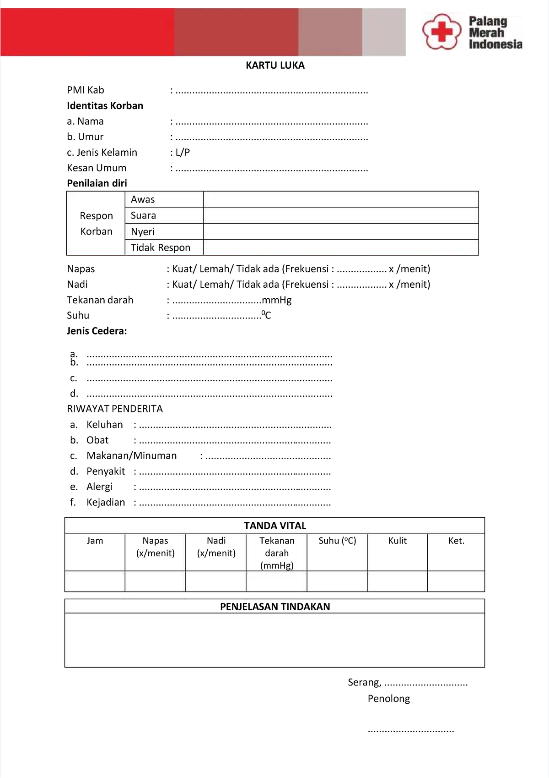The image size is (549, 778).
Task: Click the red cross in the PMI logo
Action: [x=441, y=31]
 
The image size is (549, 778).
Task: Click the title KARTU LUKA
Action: [x=275, y=66]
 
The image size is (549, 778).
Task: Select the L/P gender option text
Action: [x=183, y=152]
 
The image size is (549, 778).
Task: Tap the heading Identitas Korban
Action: [x=105, y=106]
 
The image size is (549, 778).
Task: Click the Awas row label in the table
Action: [x=143, y=199]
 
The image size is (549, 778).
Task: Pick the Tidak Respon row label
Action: [x=160, y=247]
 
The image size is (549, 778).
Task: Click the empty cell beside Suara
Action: [x=341, y=215]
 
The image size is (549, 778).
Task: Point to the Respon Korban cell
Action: [x=96, y=224]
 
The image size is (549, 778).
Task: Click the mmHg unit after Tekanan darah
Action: [x=276, y=300]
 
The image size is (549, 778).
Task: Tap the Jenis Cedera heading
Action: [x=97, y=331]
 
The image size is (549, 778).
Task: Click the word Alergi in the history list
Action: [x=99, y=487]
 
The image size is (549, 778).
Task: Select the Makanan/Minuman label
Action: [x=131, y=455]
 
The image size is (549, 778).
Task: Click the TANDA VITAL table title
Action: [x=274, y=526]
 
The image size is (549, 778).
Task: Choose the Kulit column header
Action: [x=397, y=541]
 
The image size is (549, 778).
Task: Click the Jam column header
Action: [x=95, y=541]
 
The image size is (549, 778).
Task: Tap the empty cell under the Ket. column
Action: [x=456, y=581]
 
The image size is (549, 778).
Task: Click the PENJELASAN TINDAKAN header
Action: [x=274, y=607]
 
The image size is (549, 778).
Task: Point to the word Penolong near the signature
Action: [x=388, y=699]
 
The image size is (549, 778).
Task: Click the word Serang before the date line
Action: [x=364, y=682]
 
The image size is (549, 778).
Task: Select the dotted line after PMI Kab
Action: [x=272, y=92]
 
